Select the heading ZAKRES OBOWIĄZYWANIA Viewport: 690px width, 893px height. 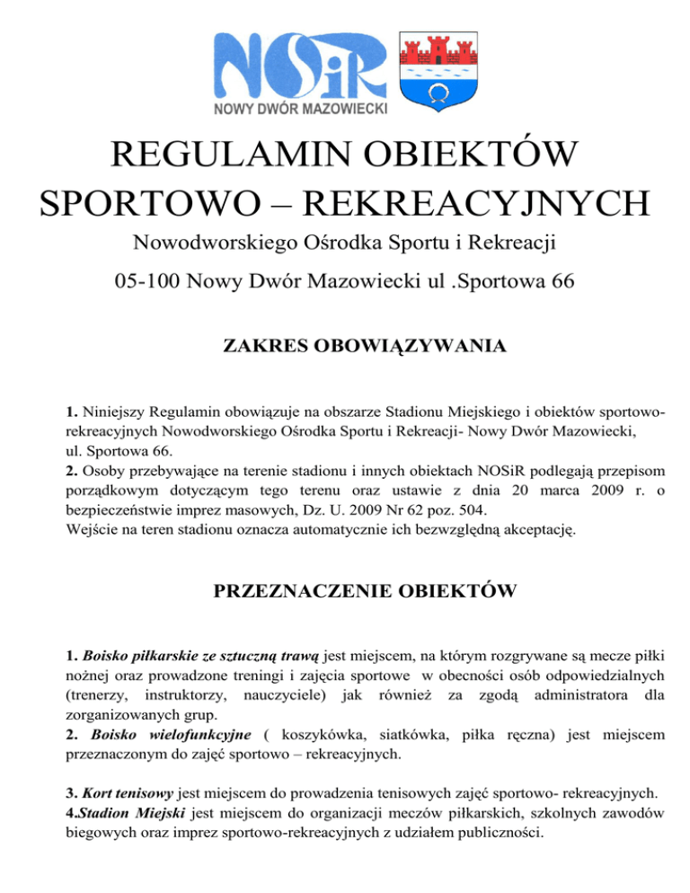pyautogui.click(x=345, y=345)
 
